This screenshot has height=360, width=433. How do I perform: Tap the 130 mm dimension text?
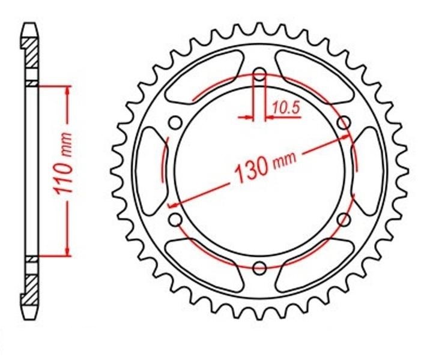click(x=265, y=167)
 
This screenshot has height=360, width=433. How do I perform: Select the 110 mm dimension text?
click(x=63, y=163)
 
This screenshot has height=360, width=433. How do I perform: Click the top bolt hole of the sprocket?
click(x=259, y=74)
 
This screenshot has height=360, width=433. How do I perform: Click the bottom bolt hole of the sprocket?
click(x=259, y=268)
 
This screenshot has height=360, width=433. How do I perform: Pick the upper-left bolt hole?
click(x=175, y=122)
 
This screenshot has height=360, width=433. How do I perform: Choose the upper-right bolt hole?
click(x=344, y=122)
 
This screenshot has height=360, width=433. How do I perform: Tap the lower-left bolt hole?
click(x=175, y=220)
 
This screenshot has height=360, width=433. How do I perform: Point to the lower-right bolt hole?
click(x=344, y=220)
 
